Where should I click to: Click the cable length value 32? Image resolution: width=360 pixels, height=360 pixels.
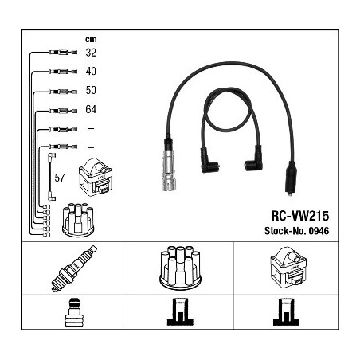(91, 53)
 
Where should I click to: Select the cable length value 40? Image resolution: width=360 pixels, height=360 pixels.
(91, 71)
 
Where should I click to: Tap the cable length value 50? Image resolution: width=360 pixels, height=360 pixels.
(91, 90)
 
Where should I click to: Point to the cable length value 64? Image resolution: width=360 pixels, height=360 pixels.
(91, 109)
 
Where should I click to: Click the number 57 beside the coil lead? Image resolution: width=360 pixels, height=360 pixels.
(60, 178)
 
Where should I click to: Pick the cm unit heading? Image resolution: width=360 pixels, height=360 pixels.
(91, 40)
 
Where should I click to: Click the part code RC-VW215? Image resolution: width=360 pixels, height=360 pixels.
(300, 216)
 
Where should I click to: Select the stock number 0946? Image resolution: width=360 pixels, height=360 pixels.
(319, 231)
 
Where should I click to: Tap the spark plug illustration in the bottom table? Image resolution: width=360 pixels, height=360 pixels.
(74, 268)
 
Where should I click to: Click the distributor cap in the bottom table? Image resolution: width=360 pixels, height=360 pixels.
(180, 267)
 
